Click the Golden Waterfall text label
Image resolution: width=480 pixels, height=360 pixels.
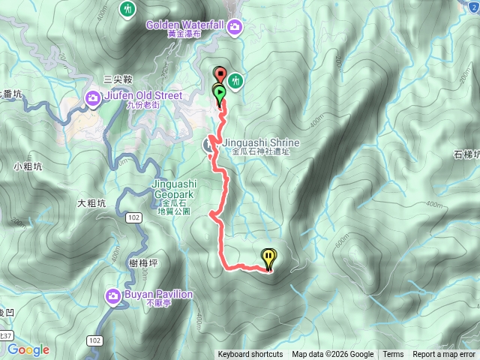[187, 24]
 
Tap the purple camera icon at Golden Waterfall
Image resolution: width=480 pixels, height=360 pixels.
[236, 28]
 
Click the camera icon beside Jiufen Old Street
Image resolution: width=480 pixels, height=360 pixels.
[93, 97]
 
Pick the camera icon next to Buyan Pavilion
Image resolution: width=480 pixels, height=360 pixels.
[114, 296]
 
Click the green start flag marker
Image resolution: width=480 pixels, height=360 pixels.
[220, 94]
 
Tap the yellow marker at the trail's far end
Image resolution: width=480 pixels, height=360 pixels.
[268, 257]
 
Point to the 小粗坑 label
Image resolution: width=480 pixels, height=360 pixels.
[27, 167]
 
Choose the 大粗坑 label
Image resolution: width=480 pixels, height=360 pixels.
[91, 203]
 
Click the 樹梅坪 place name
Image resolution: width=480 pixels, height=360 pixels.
[142, 262]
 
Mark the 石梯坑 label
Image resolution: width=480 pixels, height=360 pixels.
[466, 155]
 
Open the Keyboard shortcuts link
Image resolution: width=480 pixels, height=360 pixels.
[250, 355]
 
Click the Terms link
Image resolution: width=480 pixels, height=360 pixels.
[393, 355]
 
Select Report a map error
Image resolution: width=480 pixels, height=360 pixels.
[444, 355]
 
